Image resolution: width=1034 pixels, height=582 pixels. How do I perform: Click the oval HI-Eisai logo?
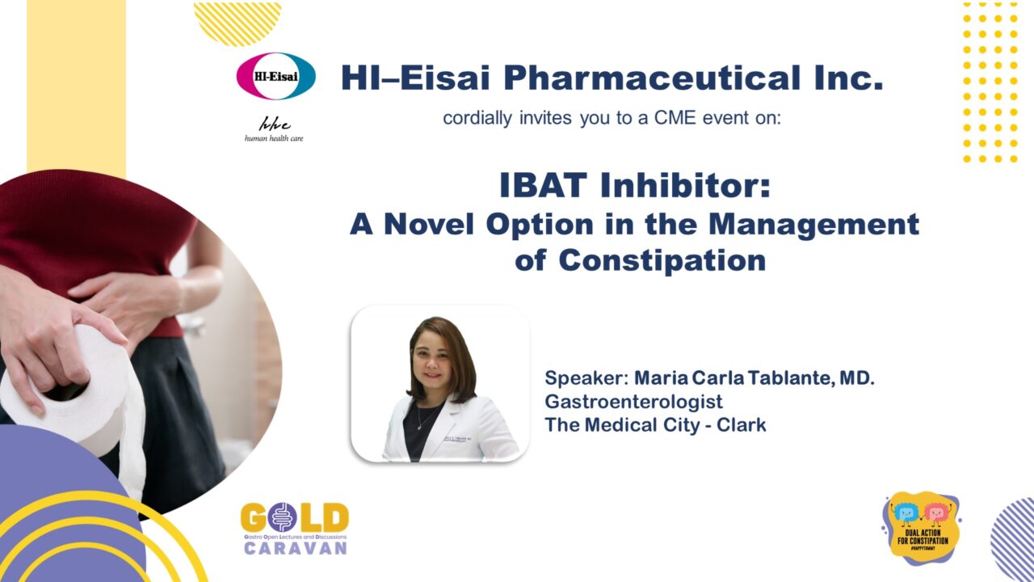275,76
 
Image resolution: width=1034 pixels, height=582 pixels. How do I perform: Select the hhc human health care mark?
274,129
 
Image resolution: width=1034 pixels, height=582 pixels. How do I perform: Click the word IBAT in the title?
545,187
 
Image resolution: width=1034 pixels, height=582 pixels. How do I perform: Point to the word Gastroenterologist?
633,401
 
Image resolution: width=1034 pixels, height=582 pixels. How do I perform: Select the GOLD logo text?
294,518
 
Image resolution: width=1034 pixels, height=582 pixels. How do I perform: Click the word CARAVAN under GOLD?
294,547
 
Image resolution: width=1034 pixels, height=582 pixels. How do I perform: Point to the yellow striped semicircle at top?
237,23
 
